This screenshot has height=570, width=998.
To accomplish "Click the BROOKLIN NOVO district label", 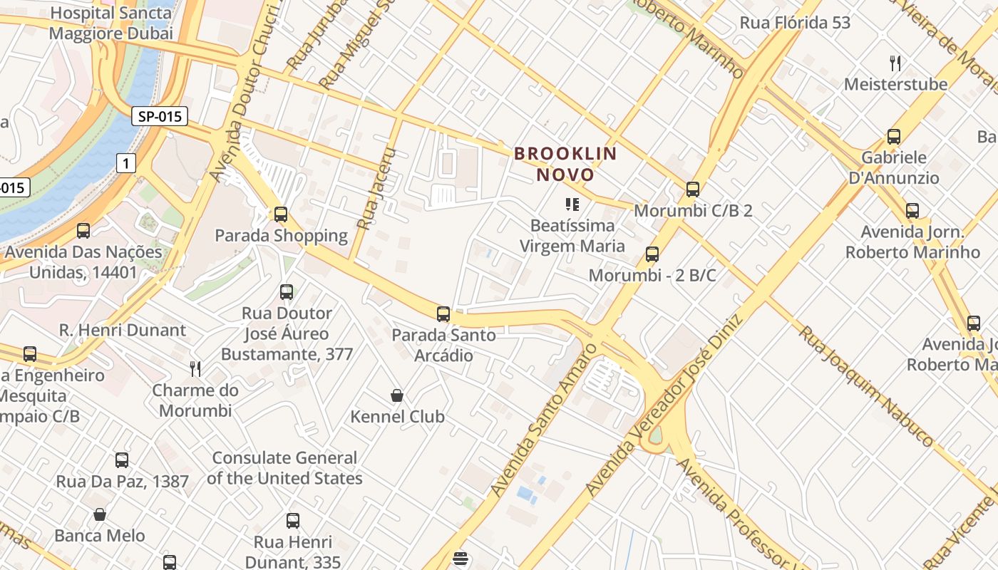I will [x=565, y=164].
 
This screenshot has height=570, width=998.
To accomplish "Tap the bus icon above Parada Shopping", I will [x=281, y=214].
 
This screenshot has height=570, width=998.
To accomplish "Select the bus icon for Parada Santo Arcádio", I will [x=443, y=313].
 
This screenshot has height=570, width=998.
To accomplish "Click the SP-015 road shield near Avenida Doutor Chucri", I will [x=159, y=116].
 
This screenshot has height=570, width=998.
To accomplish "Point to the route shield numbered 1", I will [x=126, y=164].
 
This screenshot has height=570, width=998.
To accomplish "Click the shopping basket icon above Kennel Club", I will [x=397, y=395].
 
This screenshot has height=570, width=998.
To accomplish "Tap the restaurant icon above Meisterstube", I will [x=895, y=63].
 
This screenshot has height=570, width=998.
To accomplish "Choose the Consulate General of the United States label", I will [x=284, y=468].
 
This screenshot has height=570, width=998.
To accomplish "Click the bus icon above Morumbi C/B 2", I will [x=692, y=189].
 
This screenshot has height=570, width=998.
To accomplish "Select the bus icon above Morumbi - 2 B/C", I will [x=652, y=254].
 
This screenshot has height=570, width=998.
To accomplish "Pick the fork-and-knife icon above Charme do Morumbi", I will [x=195, y=368].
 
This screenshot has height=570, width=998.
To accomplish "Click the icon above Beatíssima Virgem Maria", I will [x=572, y=205].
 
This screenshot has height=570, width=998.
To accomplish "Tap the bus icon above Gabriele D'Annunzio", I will [x=893, y=136].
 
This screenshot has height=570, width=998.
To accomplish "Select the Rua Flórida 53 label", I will [x=795, y=23].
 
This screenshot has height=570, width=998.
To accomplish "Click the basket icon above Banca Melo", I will [x=100, y=514].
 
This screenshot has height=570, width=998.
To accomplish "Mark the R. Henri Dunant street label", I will [x=122, y=330].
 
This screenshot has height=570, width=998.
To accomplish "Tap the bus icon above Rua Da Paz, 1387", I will [x=122, y=460].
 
